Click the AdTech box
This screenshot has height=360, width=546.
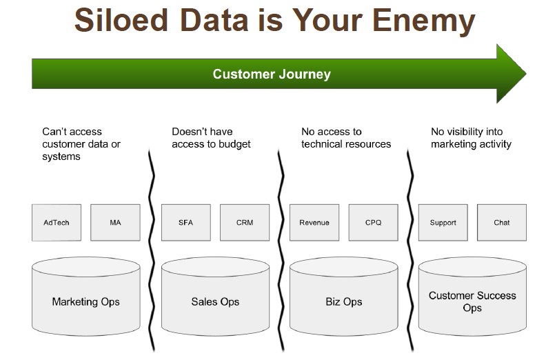coord(57,222)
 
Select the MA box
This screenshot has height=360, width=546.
coord(115,222)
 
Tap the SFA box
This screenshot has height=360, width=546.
coord(186,222)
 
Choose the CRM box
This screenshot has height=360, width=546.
coord(245,222)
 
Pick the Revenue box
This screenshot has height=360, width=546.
coord(314,222)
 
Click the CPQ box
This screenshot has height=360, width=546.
coord(373,222)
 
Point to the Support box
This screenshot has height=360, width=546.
coord(443,222)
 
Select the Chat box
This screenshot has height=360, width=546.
coord(502,222)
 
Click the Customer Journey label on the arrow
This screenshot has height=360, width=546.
coord(272,74)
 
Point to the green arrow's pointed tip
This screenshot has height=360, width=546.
coord(526,74)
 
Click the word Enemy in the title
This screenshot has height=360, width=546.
coord(424,20)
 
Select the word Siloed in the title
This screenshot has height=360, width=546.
coord(121,20)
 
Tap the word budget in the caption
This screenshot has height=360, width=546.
coord(233,144)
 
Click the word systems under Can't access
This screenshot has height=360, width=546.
coord(61,157)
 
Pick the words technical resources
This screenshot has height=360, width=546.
coord(346,144)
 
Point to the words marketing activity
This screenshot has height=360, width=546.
coord(471,144)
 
